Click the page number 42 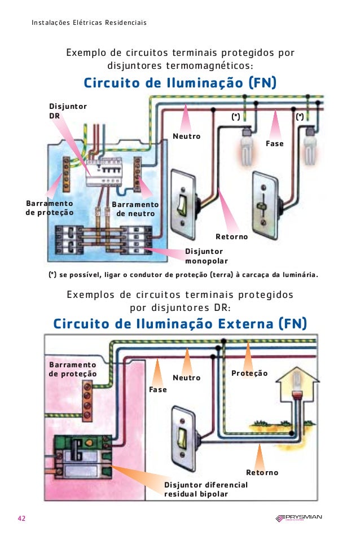point(21,519)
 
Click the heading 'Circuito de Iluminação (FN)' point(179,83)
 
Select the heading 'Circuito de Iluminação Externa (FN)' point(179,323)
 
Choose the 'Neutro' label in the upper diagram point(186,137)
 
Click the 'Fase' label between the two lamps point(275,144)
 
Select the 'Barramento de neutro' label point(135,209)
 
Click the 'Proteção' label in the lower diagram point(249,374)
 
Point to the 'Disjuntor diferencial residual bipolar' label point(205,489)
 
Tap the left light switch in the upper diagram point(182,203)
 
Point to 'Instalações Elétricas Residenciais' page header point(89,23)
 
